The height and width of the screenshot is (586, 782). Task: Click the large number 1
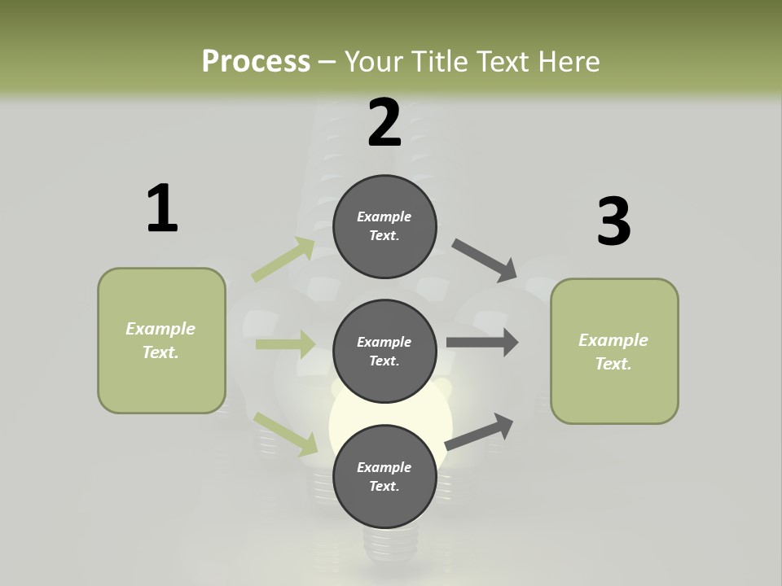[162, 209]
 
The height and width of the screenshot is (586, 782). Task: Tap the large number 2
[384, 123]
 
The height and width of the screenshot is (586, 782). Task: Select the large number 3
[613, 221]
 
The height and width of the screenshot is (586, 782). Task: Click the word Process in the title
[256, 61]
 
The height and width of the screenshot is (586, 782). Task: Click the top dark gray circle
[384, 226]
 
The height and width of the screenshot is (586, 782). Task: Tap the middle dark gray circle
[384, 351]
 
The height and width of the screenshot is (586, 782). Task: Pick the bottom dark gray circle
[384, 476]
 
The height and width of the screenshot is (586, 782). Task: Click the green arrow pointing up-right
[283, 260]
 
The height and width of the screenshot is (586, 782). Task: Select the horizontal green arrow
[285, 344]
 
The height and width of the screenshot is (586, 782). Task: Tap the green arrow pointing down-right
[286, 433]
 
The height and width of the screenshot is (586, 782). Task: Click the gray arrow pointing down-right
[485, 260]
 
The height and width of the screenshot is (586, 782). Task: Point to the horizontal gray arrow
[482, 343]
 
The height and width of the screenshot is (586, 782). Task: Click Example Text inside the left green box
[160, 340]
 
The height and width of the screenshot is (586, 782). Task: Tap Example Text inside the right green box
[613, 352]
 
